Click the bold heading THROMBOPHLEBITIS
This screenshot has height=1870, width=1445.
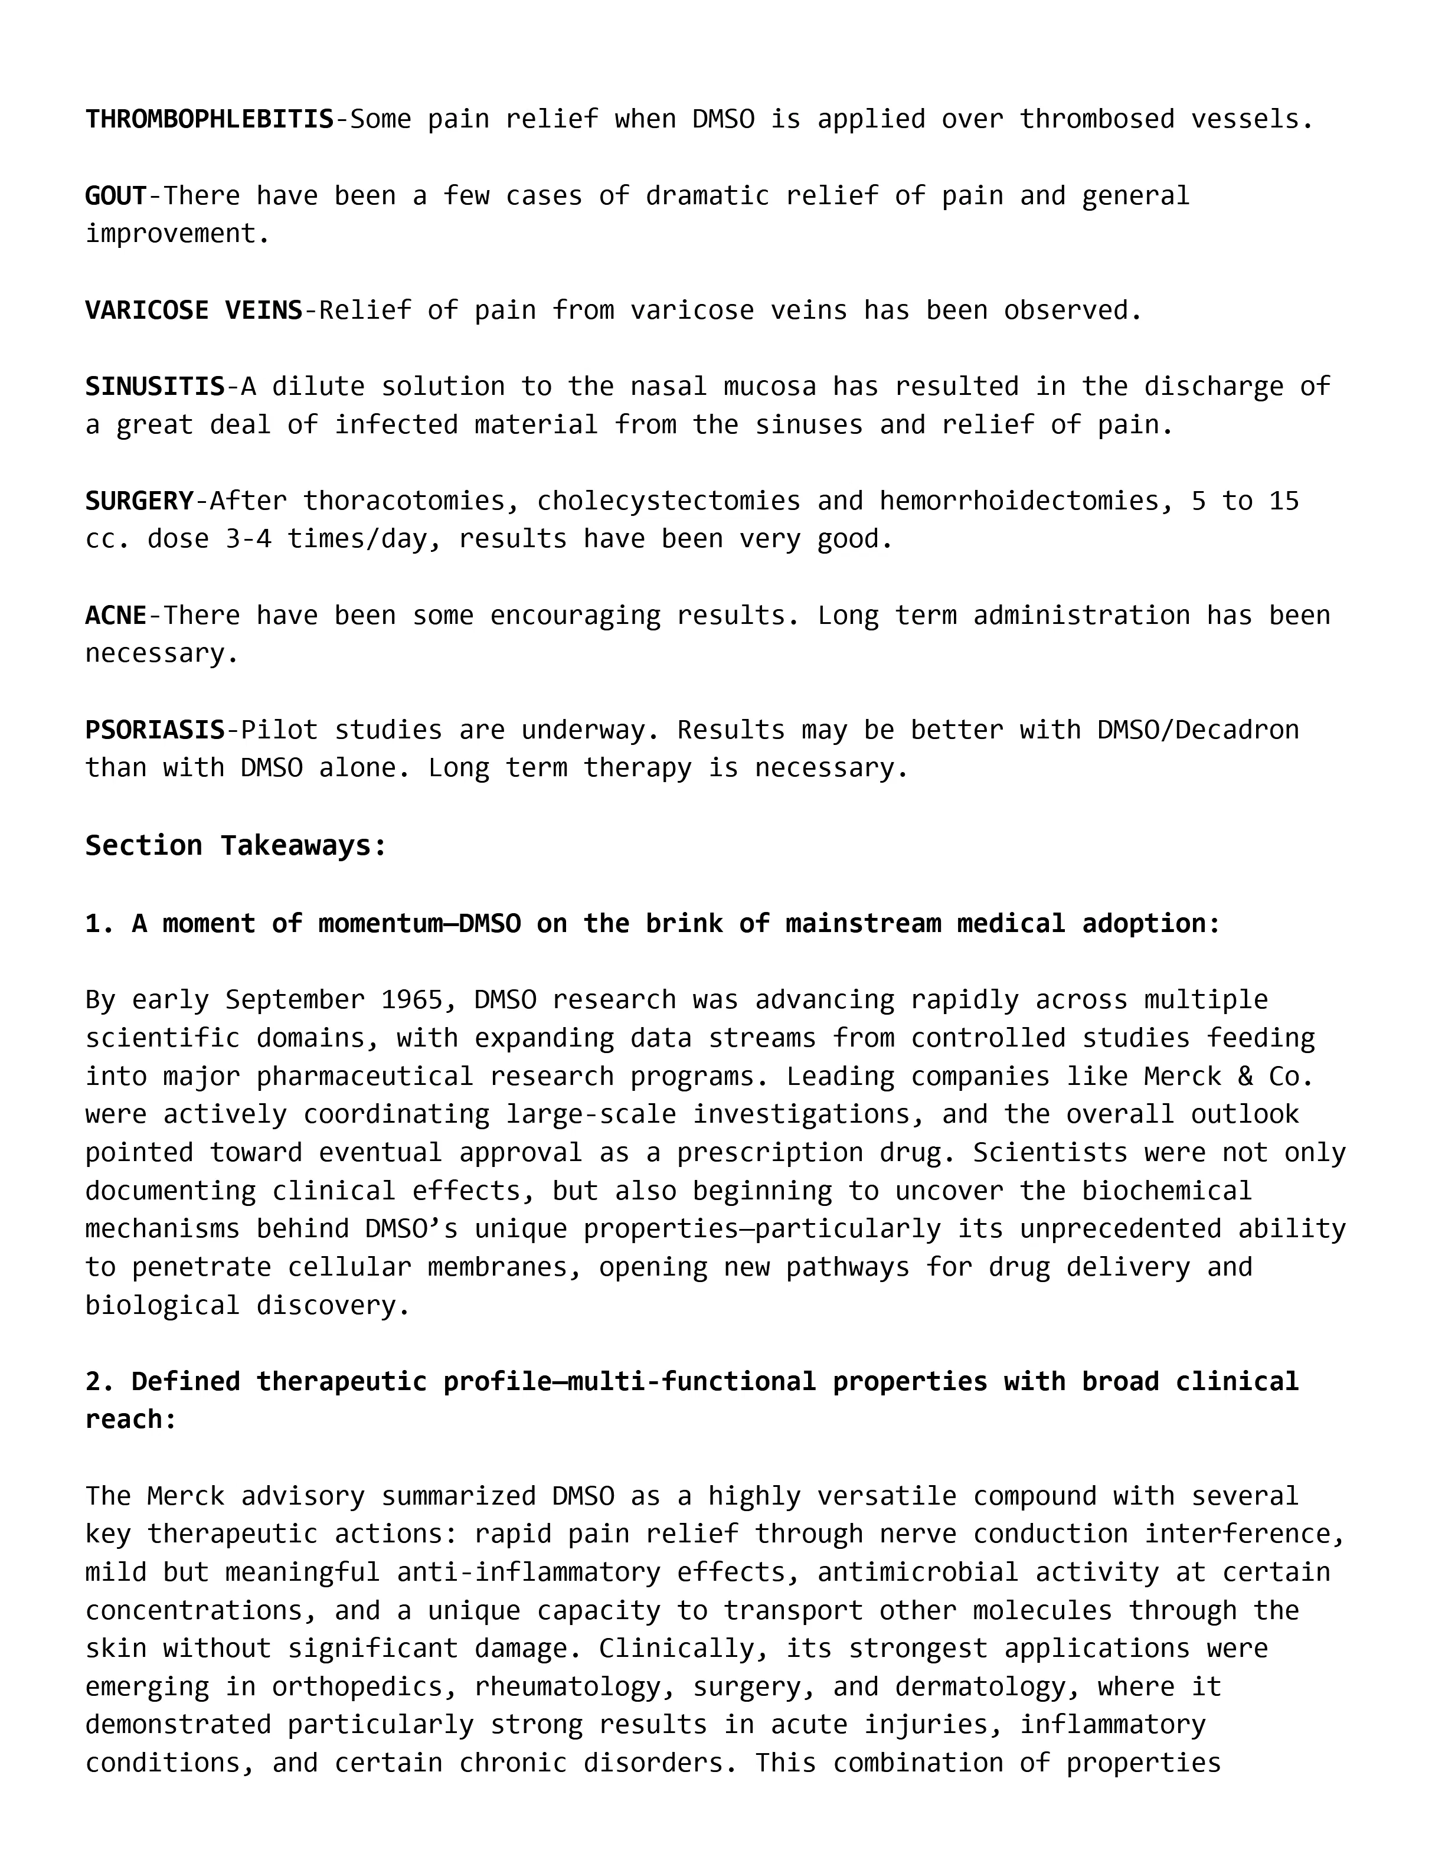coord(209,119)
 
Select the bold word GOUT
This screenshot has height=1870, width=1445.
coord(116,196)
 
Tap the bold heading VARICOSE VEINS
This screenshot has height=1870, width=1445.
coord(194,310)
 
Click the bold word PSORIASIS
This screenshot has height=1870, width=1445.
coord(154,730)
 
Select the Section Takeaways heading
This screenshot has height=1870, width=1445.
coord(236,846)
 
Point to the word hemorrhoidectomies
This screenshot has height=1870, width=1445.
coord(1019,501)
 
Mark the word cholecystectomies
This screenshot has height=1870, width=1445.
coord(669,501)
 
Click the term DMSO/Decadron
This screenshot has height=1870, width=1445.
coord(1198,730)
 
